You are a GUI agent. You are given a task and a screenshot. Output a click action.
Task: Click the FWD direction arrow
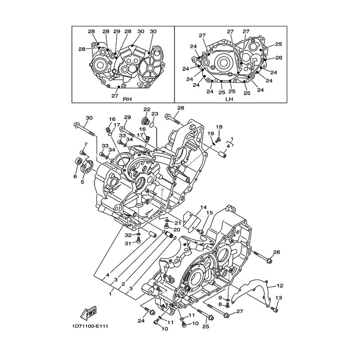(88, 313)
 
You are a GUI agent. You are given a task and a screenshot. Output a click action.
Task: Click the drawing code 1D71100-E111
(89, 326)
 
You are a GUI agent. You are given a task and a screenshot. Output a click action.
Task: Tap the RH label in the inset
(127, 99)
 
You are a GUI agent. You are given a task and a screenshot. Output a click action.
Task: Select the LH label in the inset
(229, 99)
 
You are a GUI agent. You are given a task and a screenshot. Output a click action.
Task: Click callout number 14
(203, 207)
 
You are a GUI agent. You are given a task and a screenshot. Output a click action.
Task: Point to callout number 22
(147, 109)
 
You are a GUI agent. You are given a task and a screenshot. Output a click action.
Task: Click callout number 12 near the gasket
(280, 286)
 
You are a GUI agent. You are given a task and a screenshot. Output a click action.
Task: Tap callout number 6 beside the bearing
(75, 176)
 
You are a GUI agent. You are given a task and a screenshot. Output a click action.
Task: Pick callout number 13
(279, 298)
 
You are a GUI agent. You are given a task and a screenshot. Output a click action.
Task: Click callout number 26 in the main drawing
(277, 252)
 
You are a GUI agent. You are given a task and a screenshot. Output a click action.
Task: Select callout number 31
(128, 243)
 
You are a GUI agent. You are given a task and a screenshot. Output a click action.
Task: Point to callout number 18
(219, 127)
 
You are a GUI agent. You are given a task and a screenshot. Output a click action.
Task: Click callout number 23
(155, 114)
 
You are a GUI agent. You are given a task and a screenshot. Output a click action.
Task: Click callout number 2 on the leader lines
(123, 284)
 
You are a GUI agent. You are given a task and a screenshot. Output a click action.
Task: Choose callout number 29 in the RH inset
(117, 31)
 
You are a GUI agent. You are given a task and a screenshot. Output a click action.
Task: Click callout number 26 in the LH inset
(279, 58)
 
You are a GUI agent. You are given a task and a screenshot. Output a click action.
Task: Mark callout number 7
(85, 144)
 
